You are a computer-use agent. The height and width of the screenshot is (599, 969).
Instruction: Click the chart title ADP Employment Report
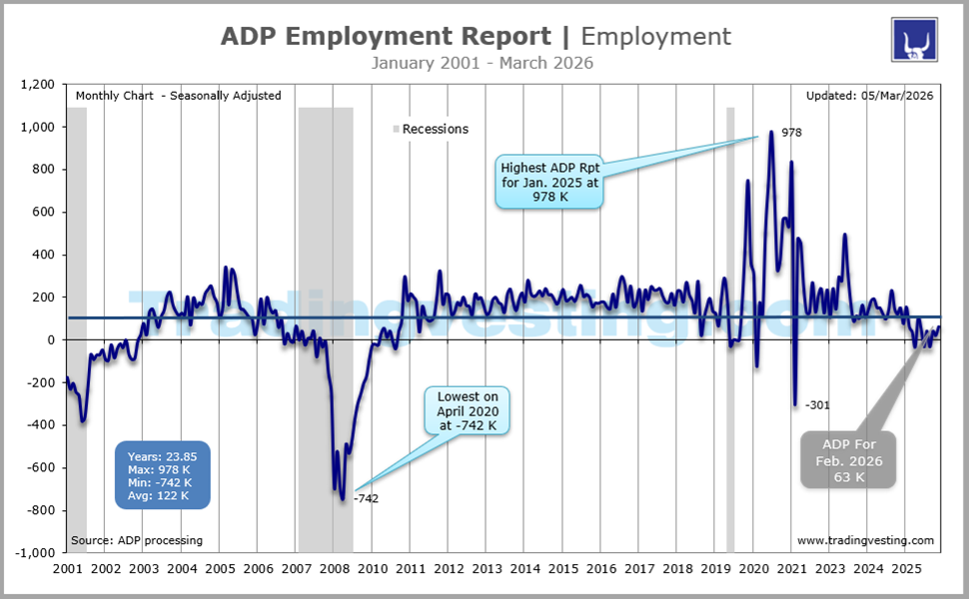pyautogui.click(x=385, y=37)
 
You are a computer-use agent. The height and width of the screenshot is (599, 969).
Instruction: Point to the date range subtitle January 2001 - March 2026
pyautogui.click(x=483, y=64)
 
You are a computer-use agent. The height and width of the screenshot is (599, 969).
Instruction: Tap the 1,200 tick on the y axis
pyautogui.click(x=36, y=86)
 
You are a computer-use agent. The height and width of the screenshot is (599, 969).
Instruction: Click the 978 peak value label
pyautogui.click(x=792, y=133)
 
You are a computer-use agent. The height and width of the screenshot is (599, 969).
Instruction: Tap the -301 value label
pyautogui.click(x=816, y=405)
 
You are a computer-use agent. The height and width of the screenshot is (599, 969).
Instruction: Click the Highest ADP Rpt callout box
pyautogui.click(x=549, y=179)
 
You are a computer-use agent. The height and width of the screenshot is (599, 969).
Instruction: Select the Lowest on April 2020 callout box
pyautogui.click(x=468, y=411)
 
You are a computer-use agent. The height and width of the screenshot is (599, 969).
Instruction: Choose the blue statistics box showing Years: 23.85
pyautogui.click(x=161, y=474)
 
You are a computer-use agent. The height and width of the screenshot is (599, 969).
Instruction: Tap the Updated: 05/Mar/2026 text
pyautogui.click(x=869, y=96)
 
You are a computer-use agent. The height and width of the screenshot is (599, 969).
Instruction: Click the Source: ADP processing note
pyautogui.click(x=137, y=541)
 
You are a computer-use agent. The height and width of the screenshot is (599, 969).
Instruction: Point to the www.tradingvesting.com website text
pyautogui.click(x=865, y=541)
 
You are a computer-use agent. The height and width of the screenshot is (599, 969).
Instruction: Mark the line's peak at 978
pyautogui.click(x=771, y=132)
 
